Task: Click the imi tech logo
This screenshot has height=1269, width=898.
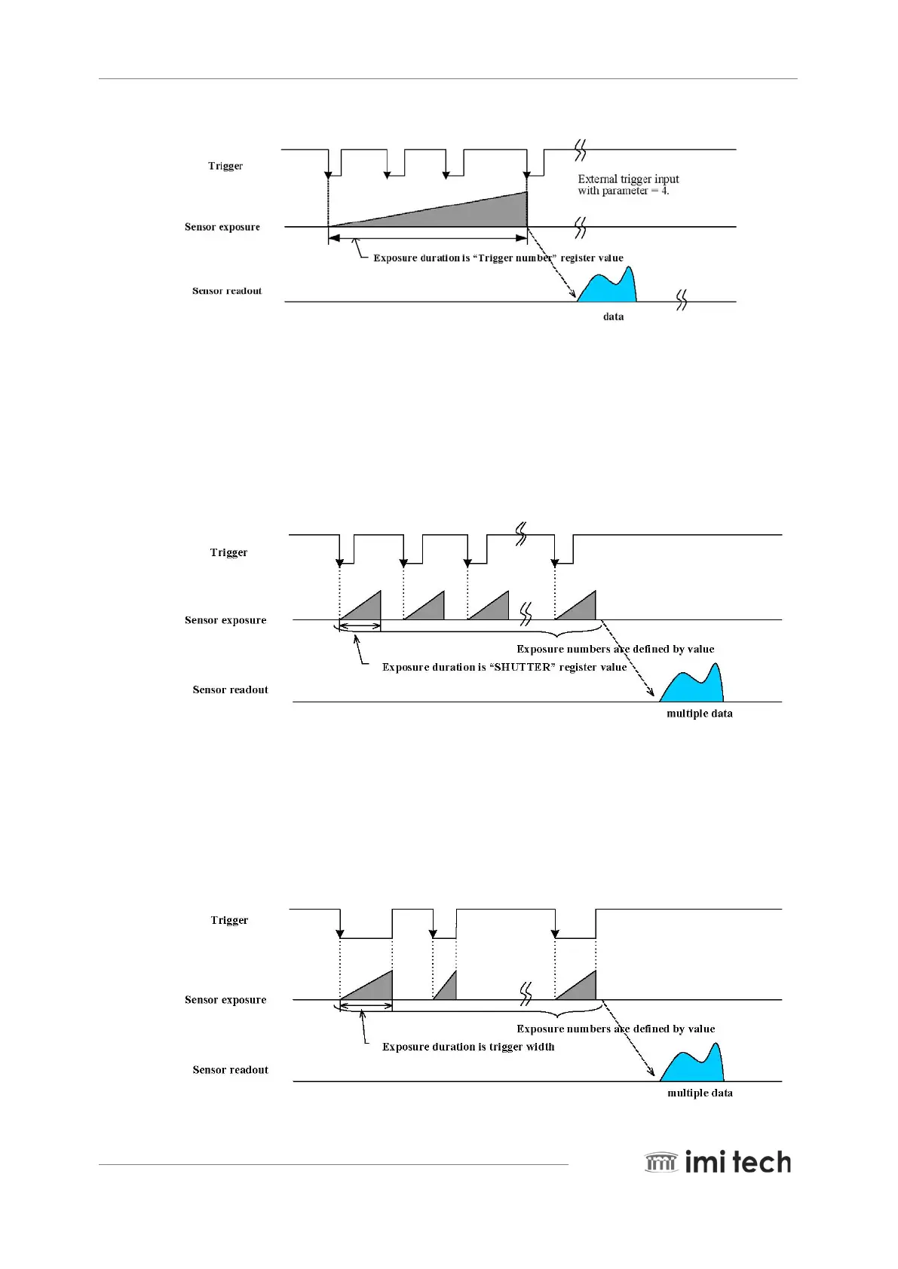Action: pos(717,1162)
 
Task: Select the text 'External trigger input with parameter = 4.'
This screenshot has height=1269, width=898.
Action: pos(627,185)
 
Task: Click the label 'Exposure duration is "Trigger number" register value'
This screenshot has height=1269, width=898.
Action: pos(498,258)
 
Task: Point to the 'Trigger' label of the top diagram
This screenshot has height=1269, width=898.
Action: pos(225,166)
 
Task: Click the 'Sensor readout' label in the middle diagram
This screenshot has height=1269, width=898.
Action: pos(230,690)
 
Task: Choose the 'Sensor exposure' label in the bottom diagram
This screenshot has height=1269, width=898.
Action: pos(225,1000)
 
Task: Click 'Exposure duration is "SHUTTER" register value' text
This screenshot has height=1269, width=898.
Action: pos(504,667)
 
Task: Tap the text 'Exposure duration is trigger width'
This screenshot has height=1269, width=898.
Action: pos(467,1047)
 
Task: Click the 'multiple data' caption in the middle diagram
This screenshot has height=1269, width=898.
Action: pos(699,714)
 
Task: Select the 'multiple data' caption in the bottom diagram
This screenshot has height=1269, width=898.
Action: pos(700,1093)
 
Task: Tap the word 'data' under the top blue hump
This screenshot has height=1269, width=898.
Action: pos(613,316)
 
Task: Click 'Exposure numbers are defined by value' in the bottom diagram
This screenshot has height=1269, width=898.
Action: pos(615,1029)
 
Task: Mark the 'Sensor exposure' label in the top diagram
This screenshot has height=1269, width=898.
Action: pos(222,227)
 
